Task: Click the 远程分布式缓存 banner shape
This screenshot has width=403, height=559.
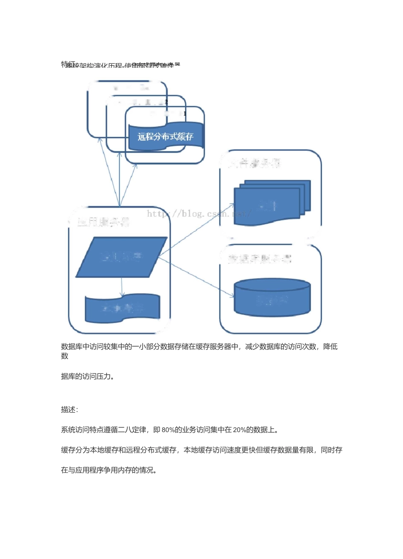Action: [166, 137]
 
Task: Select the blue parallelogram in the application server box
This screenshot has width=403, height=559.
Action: [121, 257]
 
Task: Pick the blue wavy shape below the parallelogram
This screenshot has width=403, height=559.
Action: [123, 308]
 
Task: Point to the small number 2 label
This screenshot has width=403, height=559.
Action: [166, 102]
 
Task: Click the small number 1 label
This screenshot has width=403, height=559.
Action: [185, 114]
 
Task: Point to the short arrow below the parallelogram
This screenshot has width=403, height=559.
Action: [122, 287]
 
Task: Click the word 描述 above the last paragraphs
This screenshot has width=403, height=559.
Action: [68, 409]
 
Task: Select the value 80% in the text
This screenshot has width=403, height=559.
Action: [168, 430]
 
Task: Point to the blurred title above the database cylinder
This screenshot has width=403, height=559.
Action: [260, 259]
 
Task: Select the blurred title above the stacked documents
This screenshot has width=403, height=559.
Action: [255, 163]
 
